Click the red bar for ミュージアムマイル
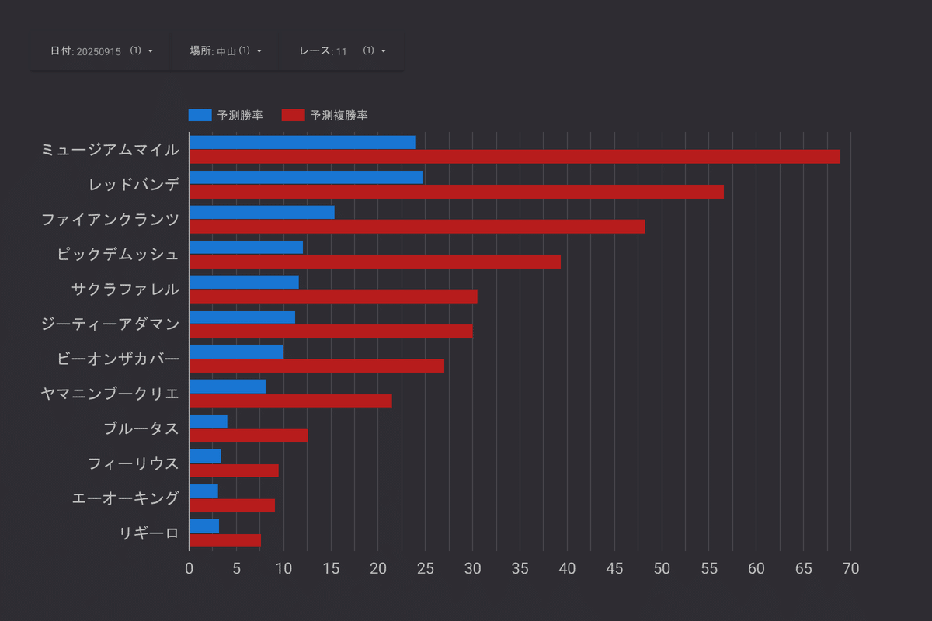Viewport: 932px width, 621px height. click(514, 157)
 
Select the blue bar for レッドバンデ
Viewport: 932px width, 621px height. click(305, 177)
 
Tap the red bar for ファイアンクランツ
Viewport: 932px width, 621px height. click(416, 227)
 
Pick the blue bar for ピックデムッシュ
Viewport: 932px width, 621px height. click(245, 247)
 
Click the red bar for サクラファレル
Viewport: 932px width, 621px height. click(332, 297)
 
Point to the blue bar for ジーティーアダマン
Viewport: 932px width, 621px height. click(242, 317)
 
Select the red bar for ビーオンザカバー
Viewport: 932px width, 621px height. click(316, 366)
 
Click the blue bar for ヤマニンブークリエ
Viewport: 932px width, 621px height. click(227, 387)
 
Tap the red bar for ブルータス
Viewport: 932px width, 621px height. click(248, 435)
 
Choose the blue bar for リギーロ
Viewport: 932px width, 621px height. click(203, 526)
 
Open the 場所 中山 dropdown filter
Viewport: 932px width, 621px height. click(225, 50)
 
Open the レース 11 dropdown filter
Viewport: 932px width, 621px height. click(343, 50)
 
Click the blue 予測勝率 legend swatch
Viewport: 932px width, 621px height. click(200, 116)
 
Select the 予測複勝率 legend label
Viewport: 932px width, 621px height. click(339, 116)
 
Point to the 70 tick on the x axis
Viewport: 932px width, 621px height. click(850, 568)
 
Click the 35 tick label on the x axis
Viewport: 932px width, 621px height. click(520, 568)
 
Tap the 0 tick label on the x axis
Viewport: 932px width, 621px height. click(189, 568)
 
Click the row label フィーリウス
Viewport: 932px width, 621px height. click(133, 463)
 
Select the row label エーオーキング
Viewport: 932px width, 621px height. click(125, 498)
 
